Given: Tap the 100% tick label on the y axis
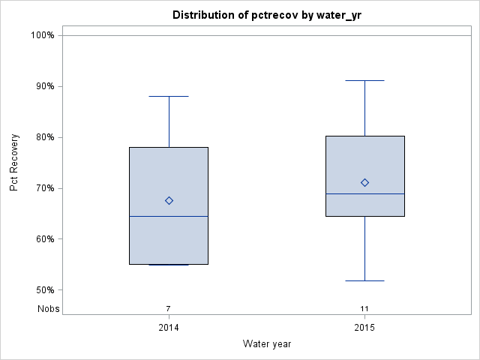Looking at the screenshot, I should pyautogui.click(x=41, y=35).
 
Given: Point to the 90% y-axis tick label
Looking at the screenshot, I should pyautogui.click(x=43, y=86).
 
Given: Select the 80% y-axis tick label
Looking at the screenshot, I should pyautogui.click(x=43, y=137).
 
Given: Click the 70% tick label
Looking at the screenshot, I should pyautogui.click(x=43, y=188).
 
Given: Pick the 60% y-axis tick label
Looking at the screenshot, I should pyautogui.click(x=43, y=239).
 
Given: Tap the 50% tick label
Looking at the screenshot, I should pyautogui.click(x=43, y=290).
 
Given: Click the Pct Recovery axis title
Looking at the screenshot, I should pyautogui.click(x=14, y=163).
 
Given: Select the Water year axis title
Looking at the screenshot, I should pyautogui.click(x=266, y=343).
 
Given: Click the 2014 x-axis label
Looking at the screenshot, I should pyautogui.click(x=169, y=328).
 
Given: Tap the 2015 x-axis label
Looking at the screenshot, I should pyautogui.click(x=364, y=328).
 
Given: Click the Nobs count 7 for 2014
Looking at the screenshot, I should pyautogui.click(x=169, y=308).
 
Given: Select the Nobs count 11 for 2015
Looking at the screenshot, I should pyautogui.click(x=364, y=308).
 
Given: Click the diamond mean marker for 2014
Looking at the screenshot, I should pyautogui.click(x=169, y=200).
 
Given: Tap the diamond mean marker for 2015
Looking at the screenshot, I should pyautogui.click(x=364, y=182).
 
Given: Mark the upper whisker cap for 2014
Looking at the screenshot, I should pyautogui.click(x=169, y=96).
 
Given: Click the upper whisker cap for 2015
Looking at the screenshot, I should pyautogui.click(x=364, y=80).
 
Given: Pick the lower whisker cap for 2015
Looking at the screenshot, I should pyautogui.click(x=364, y=280).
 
